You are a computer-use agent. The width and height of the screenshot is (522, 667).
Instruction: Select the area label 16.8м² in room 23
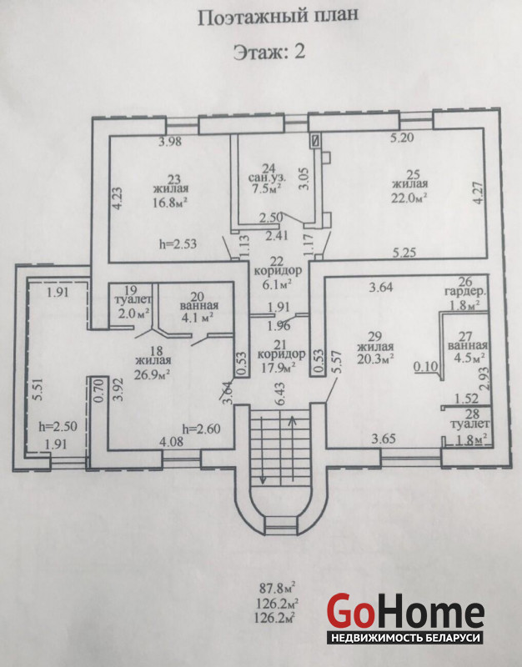[x=168, y=201]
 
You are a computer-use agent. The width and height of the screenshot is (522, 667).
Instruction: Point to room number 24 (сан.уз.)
[x=268, y=165]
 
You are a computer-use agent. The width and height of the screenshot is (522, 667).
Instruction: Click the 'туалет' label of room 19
[x=133, y=299]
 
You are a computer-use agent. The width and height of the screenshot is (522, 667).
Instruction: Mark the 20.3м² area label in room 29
[x=374, y=360]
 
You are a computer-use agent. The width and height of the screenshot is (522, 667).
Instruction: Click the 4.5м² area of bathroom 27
[x=467, y=360]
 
